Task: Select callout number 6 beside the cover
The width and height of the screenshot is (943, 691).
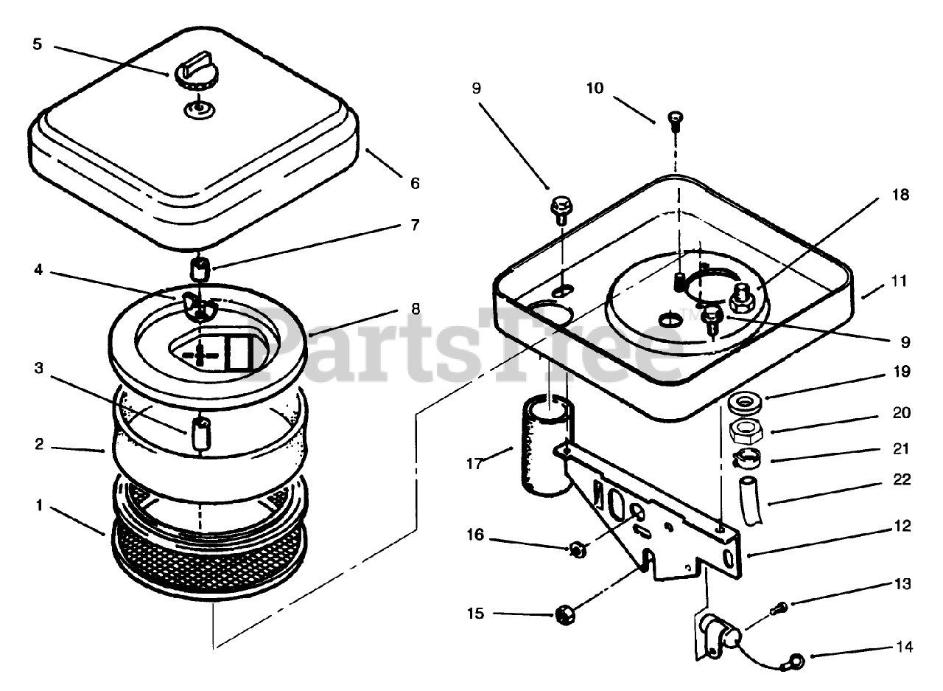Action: pyautogui.click(x=415, y=183)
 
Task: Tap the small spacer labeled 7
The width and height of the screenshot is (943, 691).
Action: pyautogui.click(x=200, y=268)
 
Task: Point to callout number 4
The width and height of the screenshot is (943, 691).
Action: pyautogui.click(x=38, y=271)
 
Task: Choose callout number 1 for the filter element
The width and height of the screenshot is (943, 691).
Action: pyautogui.click(x=38, y=506)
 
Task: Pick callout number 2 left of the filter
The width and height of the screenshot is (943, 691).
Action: pyautogui.click(x=38, y=445)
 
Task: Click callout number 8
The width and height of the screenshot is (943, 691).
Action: pyautogui.click(x=416, y=310)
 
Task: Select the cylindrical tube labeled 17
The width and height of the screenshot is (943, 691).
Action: pyautogui.click(x=544, y=447)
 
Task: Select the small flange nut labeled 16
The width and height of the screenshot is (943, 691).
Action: pyautogui.click(x=577, y=549)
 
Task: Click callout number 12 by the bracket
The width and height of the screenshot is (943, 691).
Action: pyautogui.click(x=902, y=527)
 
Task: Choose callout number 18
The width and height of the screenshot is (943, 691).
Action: pyautogui.click(x=900, y=195)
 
